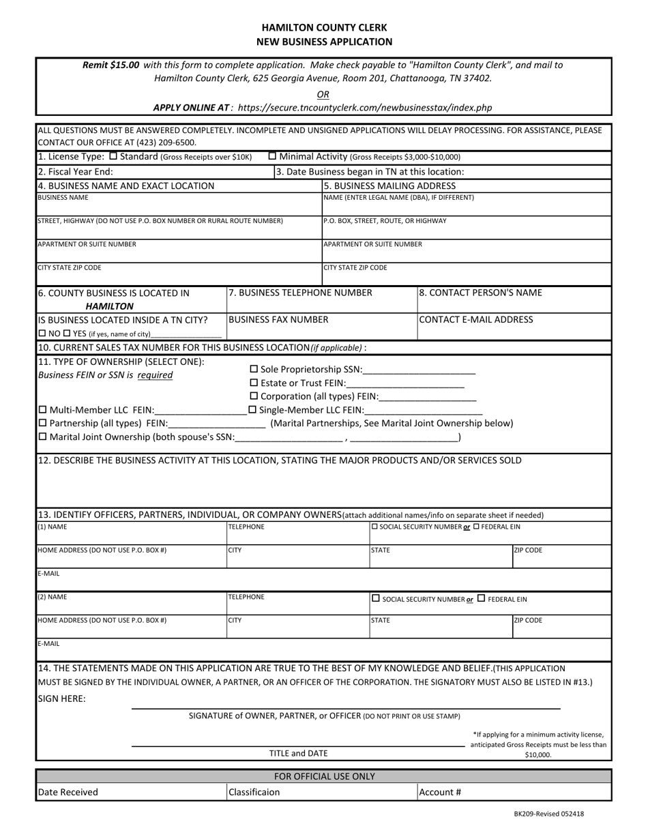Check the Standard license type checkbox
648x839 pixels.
click(113, 156)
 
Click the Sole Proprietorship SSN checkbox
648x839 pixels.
click(254, 370)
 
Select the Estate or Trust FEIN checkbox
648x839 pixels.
click(254, 383)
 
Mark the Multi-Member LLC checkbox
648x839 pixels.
click(43, 410)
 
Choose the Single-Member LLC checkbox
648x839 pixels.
click(252, 410)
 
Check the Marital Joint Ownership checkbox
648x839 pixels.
click(43, 437)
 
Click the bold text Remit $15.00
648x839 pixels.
click(111, 65)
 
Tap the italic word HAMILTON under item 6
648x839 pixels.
click(110, 306)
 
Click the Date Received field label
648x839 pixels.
click(68, 793)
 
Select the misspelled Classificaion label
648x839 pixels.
click(254, 793)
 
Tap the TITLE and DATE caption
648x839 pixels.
click(298, 753)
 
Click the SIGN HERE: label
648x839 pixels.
click(61, 698)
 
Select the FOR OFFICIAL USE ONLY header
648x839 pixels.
click(324, 776)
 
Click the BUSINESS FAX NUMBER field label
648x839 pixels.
click(278, 319)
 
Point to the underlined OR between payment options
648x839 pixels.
click(323, 94)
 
